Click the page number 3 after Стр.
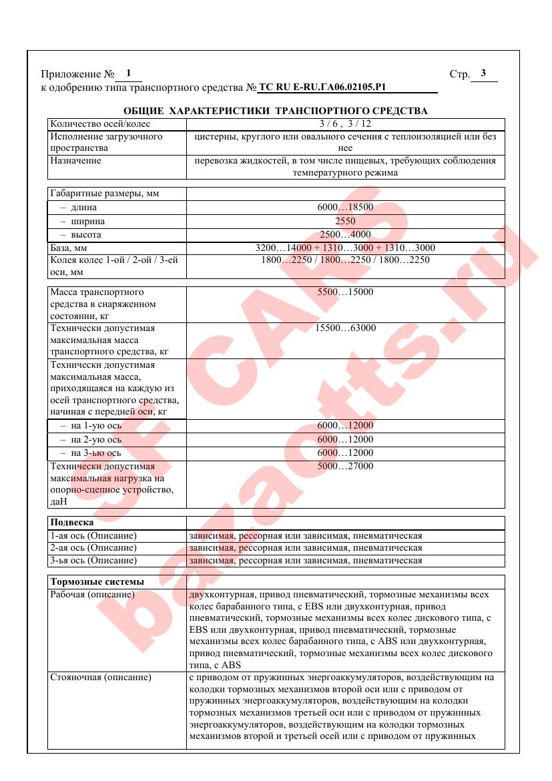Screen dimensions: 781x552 pos(483,73)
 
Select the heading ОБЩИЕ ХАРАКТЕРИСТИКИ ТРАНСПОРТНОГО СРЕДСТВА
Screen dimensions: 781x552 pos(276,110)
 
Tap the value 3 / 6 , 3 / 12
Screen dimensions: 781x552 pos(345,123)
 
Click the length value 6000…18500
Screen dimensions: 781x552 pos(345,208)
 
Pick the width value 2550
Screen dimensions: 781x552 pos(345,221)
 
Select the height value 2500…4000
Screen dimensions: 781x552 pos(345,235)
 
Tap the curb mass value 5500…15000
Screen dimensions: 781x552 pos(345,292)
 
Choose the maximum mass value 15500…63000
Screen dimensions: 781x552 pos(345,328)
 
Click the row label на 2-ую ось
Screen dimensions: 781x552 pos(91,439)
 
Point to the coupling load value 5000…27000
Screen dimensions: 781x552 pos(345,466)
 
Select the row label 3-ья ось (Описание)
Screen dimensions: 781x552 pos(93,560)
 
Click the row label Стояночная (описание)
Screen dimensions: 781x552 pos(101,677)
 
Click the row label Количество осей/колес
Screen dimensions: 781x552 pos(100,123)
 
